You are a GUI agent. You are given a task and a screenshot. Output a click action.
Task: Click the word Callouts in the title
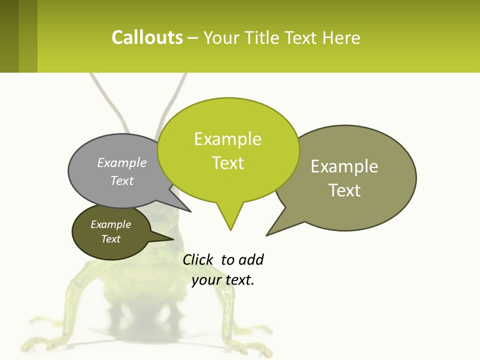(147, 37)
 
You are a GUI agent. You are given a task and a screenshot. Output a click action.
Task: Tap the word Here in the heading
(341, 37)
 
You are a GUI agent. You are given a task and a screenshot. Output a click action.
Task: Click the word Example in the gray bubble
(122, 162)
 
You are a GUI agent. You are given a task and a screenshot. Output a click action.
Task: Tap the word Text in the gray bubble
(122, 180)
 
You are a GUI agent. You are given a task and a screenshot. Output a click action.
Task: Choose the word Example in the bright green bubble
(227, 139)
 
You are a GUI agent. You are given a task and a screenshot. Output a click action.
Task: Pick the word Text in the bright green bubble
(228, 163)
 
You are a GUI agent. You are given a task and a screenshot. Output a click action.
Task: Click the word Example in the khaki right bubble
(344, 166)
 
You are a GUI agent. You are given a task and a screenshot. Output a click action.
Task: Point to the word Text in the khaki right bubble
(344, 190)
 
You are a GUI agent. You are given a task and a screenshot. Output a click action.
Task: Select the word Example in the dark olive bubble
(110, 224)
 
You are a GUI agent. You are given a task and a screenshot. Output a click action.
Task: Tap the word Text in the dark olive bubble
(111, 239)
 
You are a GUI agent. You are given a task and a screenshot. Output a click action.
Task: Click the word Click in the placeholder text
(197, 259)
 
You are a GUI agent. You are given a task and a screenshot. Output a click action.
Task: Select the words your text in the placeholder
(223, 280)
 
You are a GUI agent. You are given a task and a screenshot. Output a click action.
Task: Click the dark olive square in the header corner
(9, 36)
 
